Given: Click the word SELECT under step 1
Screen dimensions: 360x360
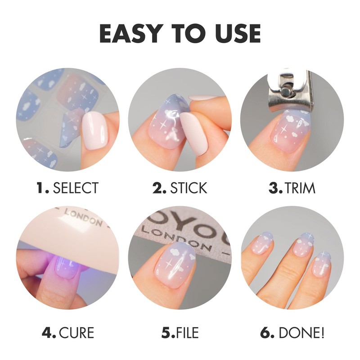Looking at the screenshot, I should [76, 188].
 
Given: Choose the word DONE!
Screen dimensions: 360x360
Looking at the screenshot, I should [301, 333].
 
